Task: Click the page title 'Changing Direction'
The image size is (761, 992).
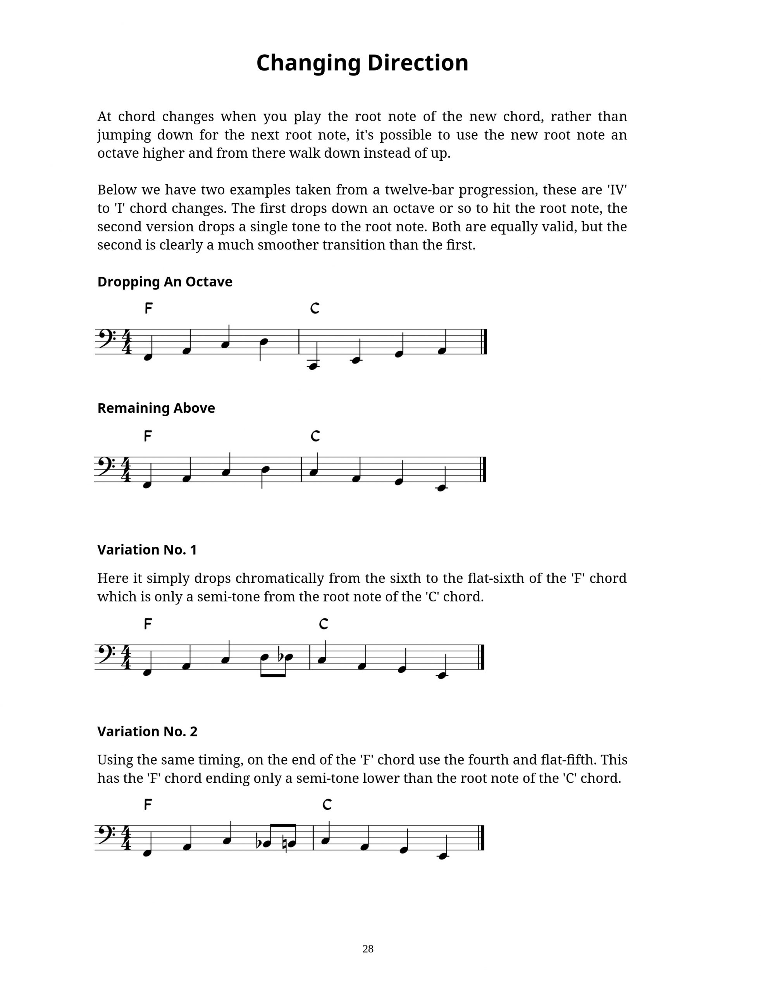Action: pos(362,63)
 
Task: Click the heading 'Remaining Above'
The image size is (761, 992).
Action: pos(156,408)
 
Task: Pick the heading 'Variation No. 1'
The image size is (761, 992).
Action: pos(147,550)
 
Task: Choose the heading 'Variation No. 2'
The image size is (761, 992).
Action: pos(147,732)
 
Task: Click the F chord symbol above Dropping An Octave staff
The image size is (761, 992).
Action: pos(148,308)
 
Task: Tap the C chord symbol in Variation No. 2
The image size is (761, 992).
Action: pos(327,805)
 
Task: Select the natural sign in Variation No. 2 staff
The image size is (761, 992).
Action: pos(284,844)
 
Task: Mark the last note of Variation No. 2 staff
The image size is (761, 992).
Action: pos(443,856)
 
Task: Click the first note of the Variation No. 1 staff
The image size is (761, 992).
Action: pos(147,673)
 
